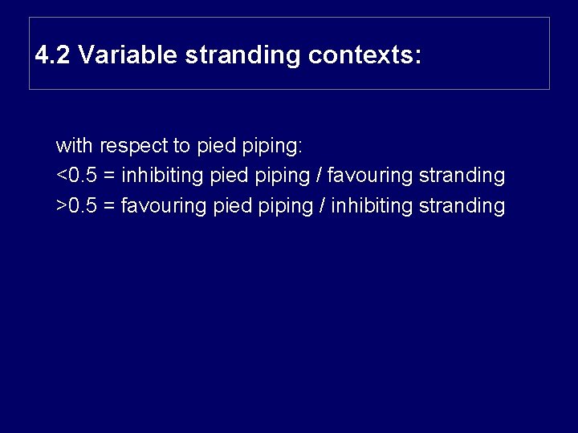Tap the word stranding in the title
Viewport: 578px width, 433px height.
coord(244,55)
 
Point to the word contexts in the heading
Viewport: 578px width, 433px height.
coord(364,55)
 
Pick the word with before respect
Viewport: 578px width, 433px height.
coord(74,146)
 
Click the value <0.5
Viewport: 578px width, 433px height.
coord(77,175)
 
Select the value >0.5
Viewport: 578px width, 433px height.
coord(77,205)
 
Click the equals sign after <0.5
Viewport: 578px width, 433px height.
coord(109,176)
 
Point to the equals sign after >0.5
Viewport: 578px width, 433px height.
coord(109,206)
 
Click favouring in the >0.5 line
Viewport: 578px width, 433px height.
coord(164,205)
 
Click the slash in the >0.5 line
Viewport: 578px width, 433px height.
coord(322,205)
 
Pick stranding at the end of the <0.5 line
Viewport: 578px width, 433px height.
coord(462,175)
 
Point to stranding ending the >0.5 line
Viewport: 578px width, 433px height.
coord(462,205)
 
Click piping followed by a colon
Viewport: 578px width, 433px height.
coord(273,146)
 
